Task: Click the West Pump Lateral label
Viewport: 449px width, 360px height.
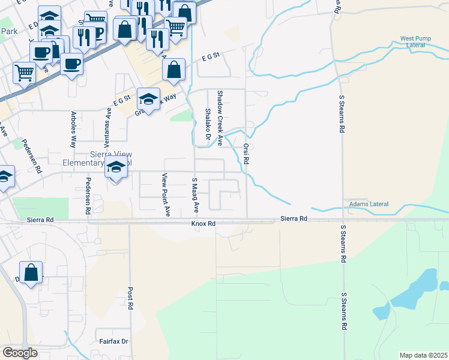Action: [x=415, y=42]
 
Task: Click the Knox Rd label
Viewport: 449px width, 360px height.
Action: [x=203, y=223]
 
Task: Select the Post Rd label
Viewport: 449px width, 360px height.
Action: [x=130, y=298]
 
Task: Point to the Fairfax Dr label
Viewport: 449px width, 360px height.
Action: [x=114, y=341]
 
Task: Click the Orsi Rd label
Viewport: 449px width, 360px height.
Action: [x=246, y=154]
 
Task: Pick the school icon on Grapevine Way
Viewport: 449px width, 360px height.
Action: [x=148, y=98]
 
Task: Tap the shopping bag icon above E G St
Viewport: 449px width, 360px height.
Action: [x=173, y=69]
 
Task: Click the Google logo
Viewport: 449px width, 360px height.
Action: [x=20, y=353]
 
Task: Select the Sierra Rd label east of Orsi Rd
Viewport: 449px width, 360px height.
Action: [x=294, y=219]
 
